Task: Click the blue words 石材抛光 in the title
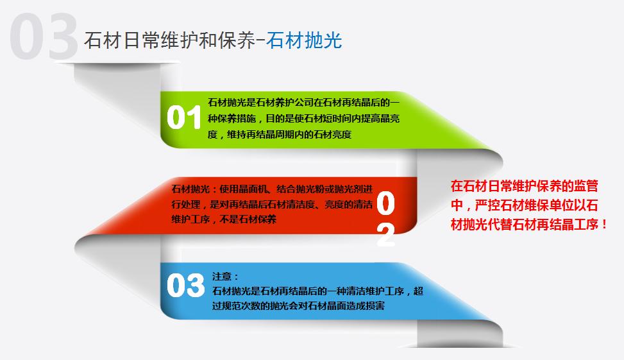coord(305,40)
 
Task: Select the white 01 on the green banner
coord(184,118)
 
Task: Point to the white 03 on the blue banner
coord(185,286)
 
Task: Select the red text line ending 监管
coord(524,187)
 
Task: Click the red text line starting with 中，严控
coord(524,206)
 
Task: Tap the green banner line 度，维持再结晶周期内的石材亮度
coord(280,134)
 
